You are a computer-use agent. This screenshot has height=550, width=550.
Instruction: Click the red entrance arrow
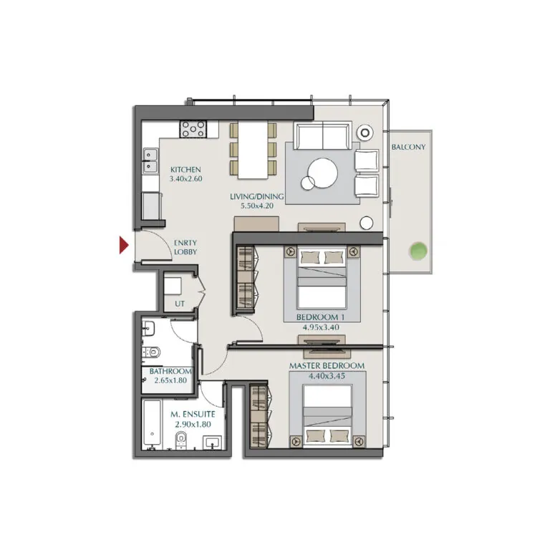click(124, 246)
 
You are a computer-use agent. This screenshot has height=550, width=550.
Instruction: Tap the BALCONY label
click(408, 148)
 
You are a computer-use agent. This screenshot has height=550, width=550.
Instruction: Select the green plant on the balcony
click(418, 251)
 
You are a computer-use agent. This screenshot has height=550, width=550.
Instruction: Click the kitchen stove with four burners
click(193, 129)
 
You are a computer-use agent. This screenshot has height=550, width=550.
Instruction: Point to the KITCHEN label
click(185, 170)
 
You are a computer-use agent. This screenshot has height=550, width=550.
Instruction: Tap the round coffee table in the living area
click(324, 172)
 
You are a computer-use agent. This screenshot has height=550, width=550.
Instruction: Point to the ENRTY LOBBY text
click(185, 248)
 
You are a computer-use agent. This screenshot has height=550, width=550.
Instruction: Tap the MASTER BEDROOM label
click(327, 366)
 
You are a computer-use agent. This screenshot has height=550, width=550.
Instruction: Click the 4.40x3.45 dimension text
click(327, 376)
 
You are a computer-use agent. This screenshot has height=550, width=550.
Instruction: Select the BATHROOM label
click(170, 372)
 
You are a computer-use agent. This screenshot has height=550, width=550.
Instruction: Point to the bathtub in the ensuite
click(152, 425)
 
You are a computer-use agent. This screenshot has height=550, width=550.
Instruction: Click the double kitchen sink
click(150, 161)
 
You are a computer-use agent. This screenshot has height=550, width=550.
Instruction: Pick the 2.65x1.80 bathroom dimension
click(170, 382)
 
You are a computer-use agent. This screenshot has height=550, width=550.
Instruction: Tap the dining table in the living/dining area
click(252, 150)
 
